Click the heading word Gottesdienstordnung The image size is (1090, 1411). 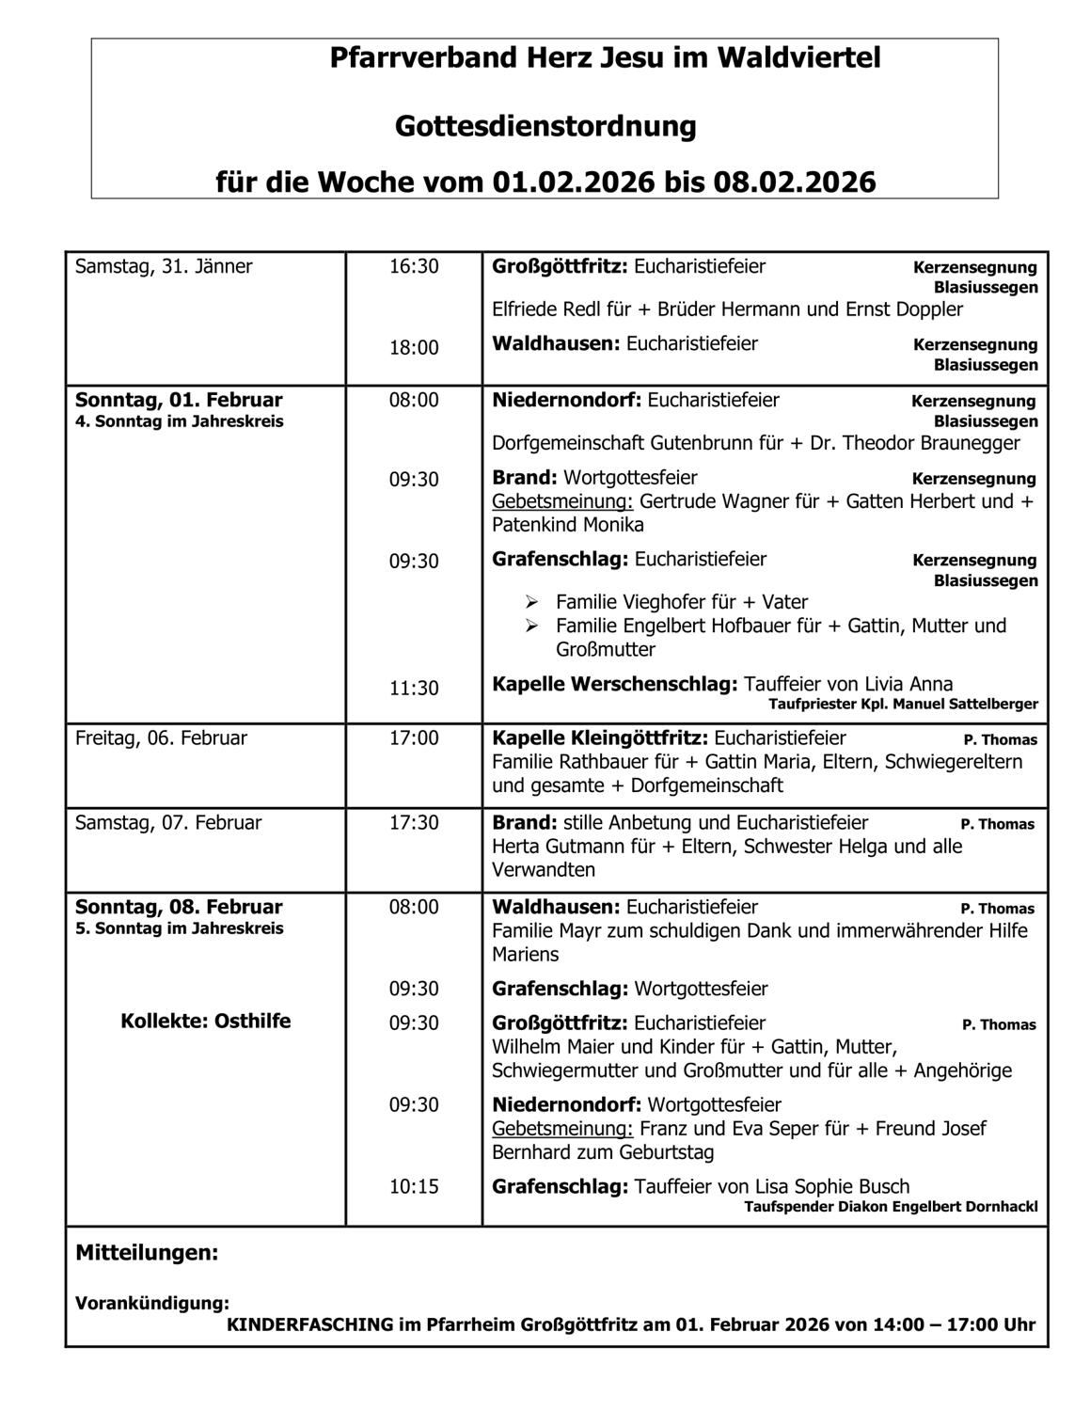point(545,126)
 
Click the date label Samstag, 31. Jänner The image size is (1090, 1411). point(164,266)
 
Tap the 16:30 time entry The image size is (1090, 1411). point(414,266)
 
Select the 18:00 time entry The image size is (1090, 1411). point(414,348)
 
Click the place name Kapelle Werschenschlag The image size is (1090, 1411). point(614,684)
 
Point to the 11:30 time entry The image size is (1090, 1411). point(414,689)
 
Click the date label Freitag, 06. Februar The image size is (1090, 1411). point(161,738)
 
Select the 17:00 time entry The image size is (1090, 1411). point(414,738)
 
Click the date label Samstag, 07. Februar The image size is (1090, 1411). point(168,823)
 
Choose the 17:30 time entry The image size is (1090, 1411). point(414,823)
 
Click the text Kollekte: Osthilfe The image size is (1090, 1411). point(205,1022)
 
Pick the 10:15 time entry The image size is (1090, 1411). point(414,1187)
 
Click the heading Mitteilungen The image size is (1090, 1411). point(147,1253)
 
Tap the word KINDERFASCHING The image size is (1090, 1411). point(310,1324)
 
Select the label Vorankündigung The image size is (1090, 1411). point(151,1304)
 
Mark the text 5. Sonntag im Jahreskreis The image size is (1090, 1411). point(179,928)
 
